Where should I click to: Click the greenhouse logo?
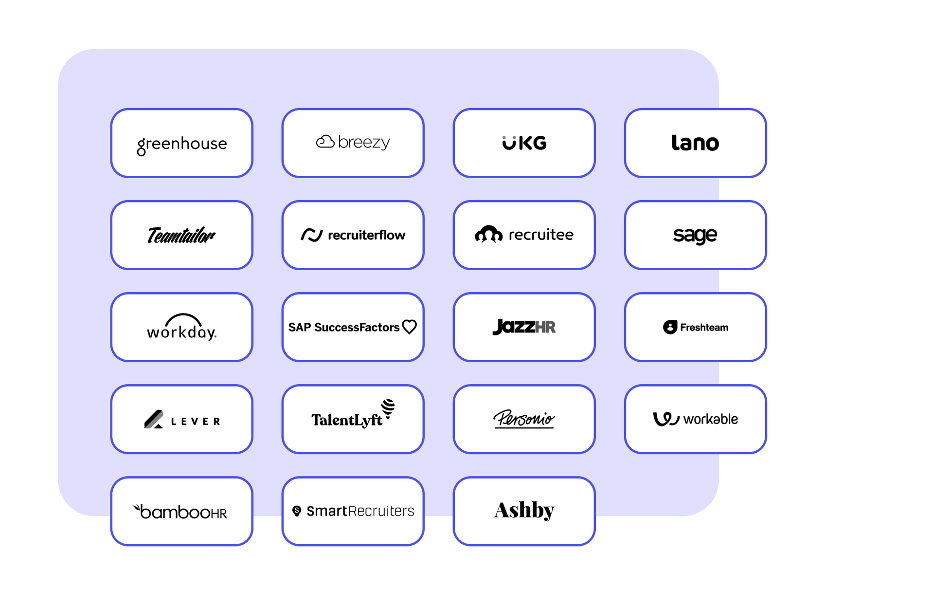(182, 145)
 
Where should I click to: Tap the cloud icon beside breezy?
(325, 142)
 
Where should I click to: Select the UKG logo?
(524, 143)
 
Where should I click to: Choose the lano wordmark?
(695, 143)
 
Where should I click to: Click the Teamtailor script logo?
(181, 235)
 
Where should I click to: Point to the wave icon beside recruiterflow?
(312, 235)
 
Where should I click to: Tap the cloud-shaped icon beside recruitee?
(488, 234)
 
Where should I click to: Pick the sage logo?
(695, 236)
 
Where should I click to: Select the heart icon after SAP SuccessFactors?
(410, 327)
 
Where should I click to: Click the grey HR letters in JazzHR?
(545, 327)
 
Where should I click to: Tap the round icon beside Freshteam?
(670, 327)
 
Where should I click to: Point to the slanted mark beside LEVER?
(154, 419)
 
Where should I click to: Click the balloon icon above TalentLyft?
(388, 408)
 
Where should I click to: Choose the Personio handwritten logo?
(524, 419)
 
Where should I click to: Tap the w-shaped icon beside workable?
(666, 419)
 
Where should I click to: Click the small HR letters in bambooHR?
(218, 514)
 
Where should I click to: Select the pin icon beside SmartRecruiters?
(297, 511)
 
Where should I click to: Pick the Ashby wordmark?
(524, 511)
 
